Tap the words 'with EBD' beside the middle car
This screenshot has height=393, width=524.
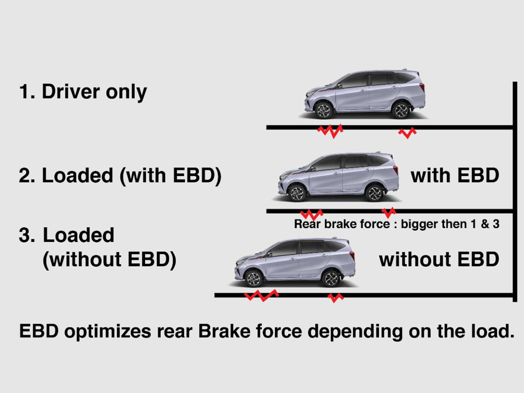[x=455, y=176]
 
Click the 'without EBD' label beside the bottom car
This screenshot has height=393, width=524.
[x=439, y=260]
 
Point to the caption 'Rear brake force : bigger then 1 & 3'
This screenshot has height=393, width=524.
[x=397, y=224]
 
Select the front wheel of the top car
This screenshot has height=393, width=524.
[x=323, y=110]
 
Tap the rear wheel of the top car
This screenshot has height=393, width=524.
[x=401, y=110]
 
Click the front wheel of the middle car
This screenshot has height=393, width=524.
[x=297, y=193]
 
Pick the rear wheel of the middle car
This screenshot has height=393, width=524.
[x=374, y=193]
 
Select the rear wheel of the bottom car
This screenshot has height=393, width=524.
[x=331, y=278]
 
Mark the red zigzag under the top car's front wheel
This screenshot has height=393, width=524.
[x=330, y=131]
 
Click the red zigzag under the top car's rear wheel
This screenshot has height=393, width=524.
[x=407, y=133]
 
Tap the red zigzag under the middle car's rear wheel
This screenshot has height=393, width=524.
[x=389, y=212]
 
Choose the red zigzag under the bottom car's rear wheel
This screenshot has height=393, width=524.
[x=336, y=297]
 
